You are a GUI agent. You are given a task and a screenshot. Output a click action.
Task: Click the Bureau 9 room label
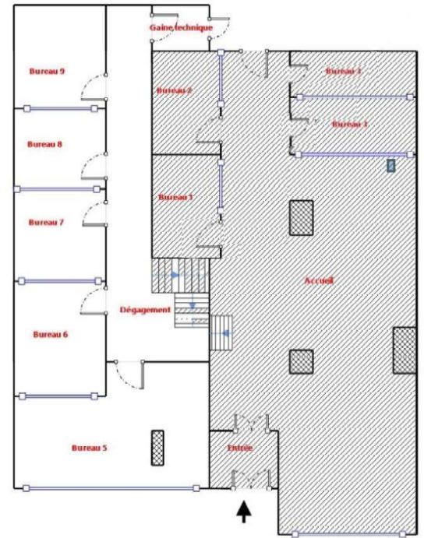click(x=47, y=71)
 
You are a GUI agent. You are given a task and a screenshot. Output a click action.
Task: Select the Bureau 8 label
click(x=44, y=144)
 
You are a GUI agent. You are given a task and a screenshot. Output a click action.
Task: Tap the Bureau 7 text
click(x=45, y=222)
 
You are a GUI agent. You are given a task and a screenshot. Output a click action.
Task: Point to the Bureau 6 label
click(x=50, y=334)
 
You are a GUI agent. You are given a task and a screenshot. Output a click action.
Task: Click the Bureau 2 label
click(x=175, y=90)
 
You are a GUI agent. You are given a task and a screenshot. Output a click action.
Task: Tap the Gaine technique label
click(x=181, y=28)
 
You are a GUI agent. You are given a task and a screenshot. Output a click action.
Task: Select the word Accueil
click(x=319, y=281)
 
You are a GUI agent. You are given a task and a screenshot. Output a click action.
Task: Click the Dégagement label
click(x=144, y=310)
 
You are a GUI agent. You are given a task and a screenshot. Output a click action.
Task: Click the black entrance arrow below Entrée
click(x=245, y=511)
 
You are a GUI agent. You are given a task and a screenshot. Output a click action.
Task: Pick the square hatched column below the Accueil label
click(x=301, y=361)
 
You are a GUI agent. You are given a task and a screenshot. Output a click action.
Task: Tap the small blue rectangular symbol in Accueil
click(x=391, y=165)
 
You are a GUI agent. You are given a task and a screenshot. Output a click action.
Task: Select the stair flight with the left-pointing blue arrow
click(x=222, y=333)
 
